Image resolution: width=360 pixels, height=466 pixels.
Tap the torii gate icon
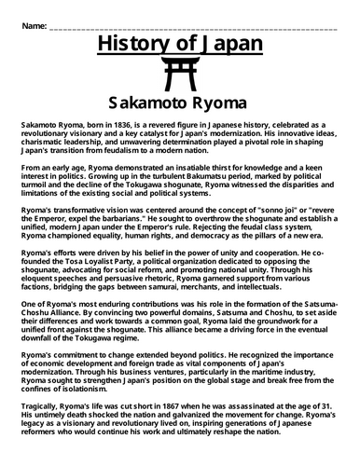179,74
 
